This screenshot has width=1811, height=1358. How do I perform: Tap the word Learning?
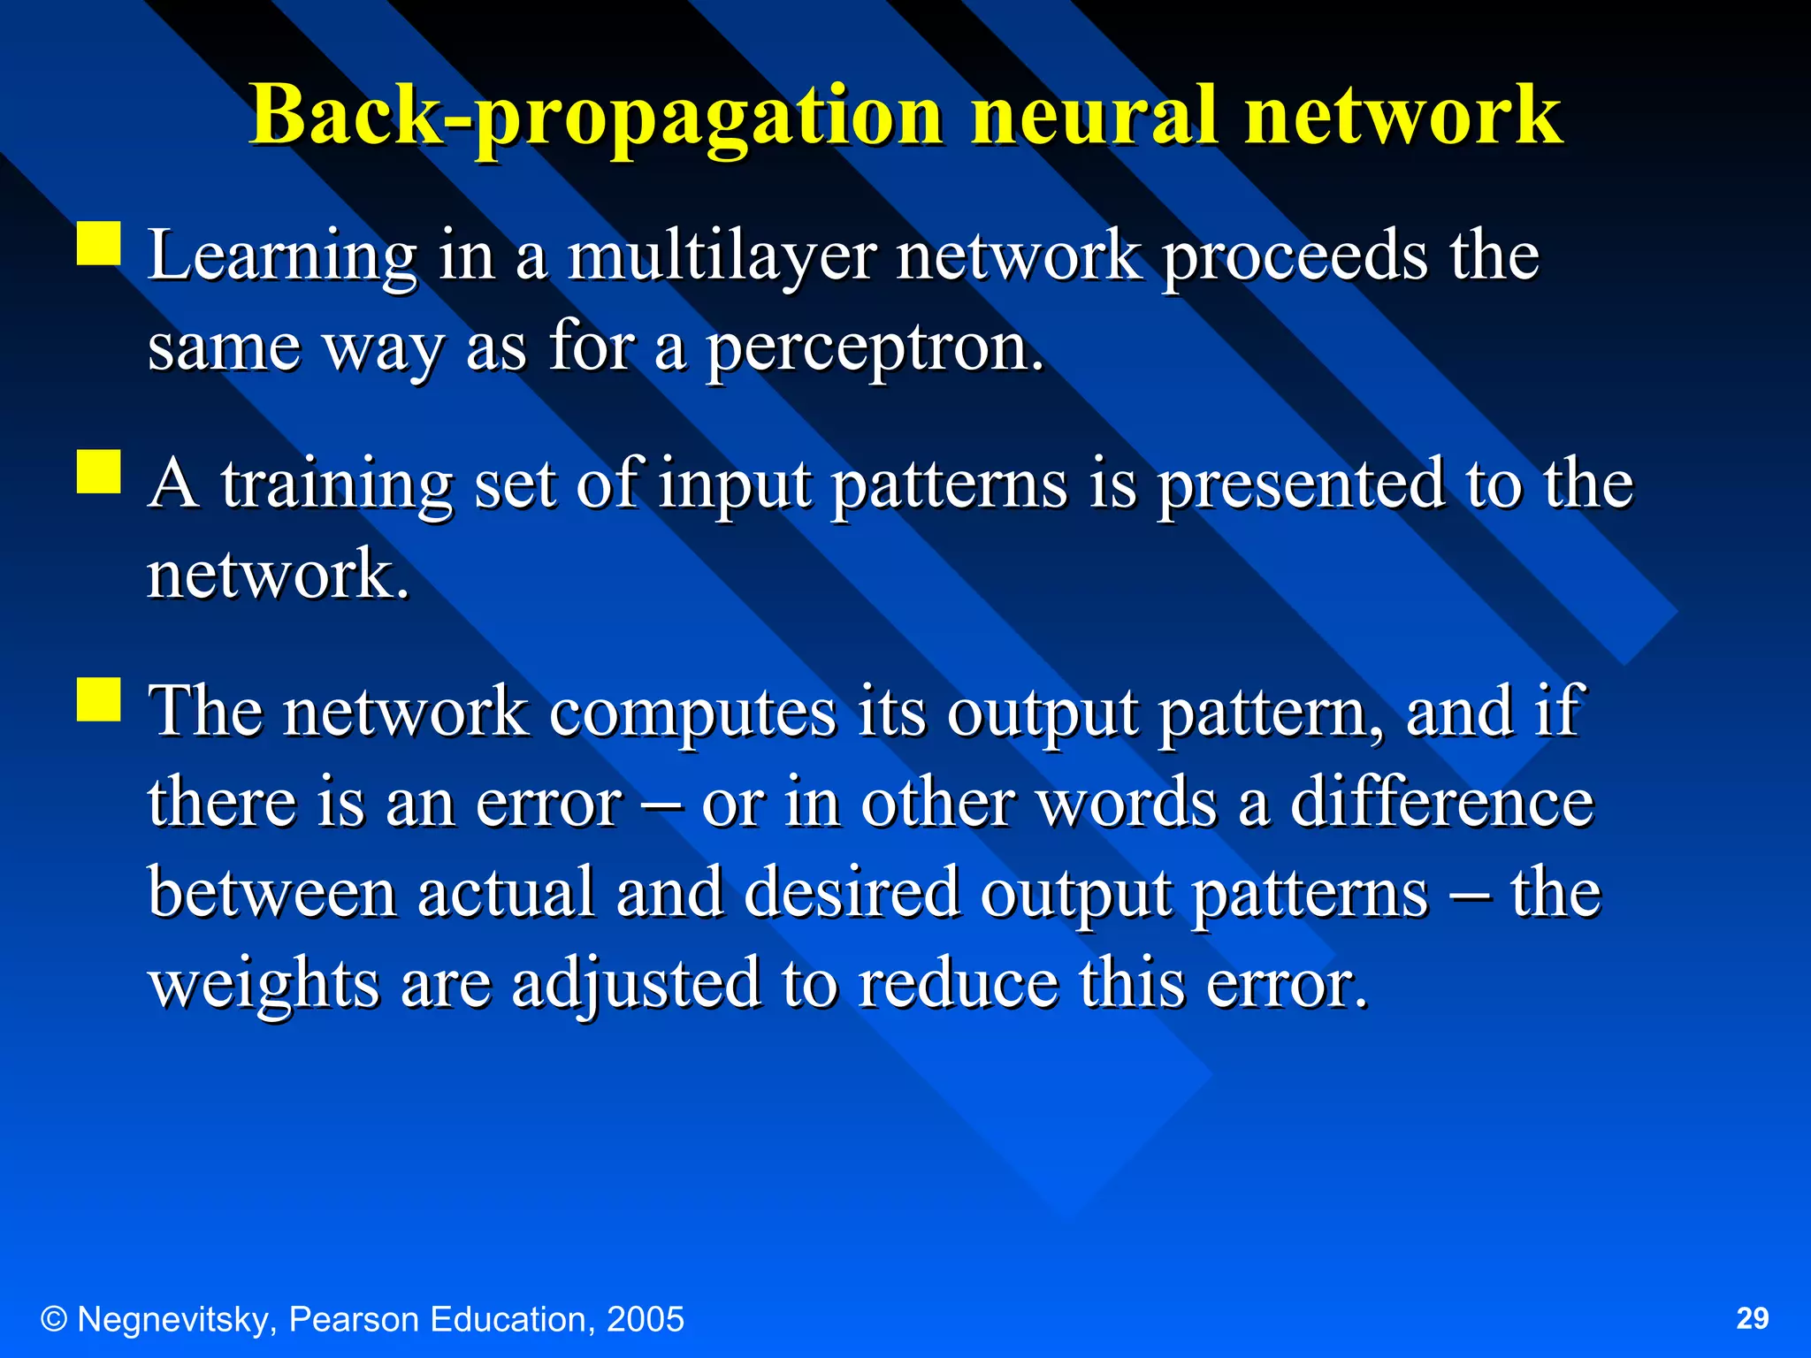(x=282, y=256)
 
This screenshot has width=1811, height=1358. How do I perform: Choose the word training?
(x=337, y=485)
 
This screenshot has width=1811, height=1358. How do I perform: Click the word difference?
(x=1442, y=803)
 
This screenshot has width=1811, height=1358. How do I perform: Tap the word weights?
(x=264, y=984)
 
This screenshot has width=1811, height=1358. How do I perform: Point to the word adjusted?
(x=636, y=984)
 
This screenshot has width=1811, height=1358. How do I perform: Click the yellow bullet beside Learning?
(x=99, y=243)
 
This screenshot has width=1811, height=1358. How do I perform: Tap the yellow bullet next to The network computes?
(x=99, y=699)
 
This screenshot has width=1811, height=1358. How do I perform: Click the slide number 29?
(x=1753, y=1318)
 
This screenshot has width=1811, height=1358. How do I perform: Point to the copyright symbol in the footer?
(x=54, y=1320)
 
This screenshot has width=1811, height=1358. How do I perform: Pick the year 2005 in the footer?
(x=645, y=1320)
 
